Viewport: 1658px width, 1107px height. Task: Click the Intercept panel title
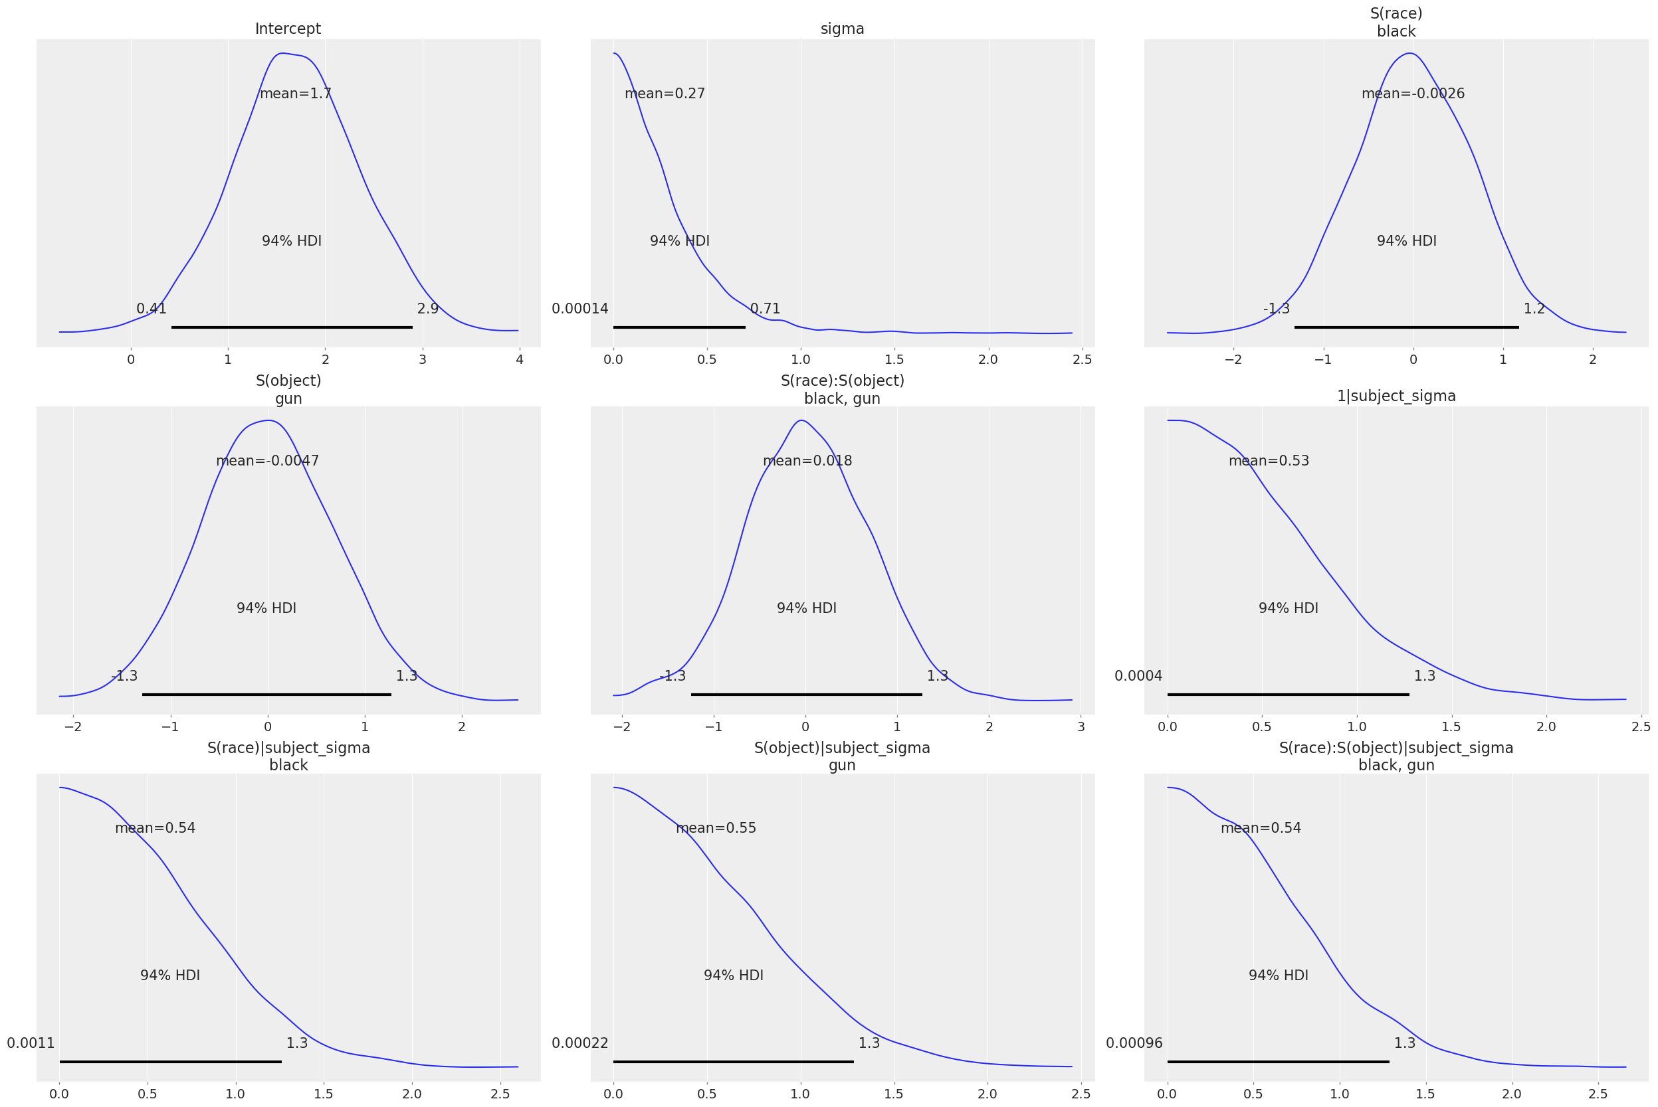pos(288,29)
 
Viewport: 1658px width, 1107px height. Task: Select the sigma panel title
pos(842,29)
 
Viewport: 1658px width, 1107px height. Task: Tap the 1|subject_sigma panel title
pos(1396,396)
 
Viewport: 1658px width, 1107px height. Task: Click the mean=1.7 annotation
pos(295,94)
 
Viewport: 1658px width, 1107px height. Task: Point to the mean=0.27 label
pos(665,94)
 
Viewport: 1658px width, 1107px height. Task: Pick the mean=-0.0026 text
pos(1413,94)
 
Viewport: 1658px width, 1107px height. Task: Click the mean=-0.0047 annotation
pos(267,461)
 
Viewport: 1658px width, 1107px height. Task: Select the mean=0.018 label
pos(807,461)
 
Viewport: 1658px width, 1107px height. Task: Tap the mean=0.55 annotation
pos(716,828)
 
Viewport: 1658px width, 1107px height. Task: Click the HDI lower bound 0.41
pos(151,309)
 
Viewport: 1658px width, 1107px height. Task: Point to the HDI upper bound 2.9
pos(427,309)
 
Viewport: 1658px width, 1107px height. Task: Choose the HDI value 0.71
pos(765,309)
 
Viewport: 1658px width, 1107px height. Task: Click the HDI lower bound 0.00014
pos(580,309)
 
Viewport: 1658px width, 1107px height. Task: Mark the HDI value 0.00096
pos(1134,1043)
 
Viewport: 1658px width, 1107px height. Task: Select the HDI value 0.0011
pos(31,1043)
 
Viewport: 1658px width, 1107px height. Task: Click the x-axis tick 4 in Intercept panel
pos(519,360)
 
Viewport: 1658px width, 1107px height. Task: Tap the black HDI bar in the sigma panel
pos(679,327)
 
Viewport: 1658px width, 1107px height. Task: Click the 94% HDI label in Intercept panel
pos(292,241)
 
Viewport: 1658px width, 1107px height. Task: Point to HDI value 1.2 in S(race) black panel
pos(1534,309)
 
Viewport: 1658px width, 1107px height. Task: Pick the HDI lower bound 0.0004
pos(1138,675)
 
